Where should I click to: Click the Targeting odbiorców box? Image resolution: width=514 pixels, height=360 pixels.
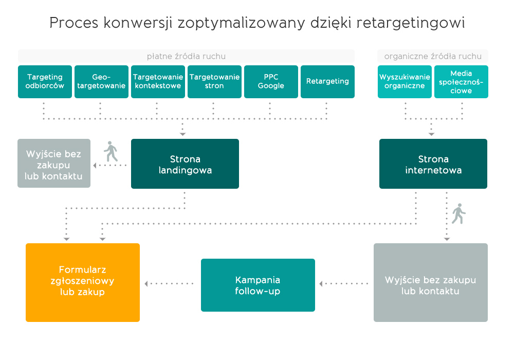pos(45,82)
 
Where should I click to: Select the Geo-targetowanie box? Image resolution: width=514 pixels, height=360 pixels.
pos(101,82)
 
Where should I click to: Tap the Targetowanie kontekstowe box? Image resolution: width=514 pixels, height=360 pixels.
pos(158,82)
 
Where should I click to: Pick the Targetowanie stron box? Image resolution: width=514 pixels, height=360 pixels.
pos(214,82)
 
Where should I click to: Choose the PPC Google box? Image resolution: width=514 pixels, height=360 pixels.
pos(271,82)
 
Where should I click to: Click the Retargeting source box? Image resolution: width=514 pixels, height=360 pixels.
pos(327,82)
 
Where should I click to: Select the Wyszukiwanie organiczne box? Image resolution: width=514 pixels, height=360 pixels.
pos(405,82)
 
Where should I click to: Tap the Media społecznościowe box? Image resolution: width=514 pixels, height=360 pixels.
pos(461,82)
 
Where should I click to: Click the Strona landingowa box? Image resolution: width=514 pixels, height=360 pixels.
pos(185,164)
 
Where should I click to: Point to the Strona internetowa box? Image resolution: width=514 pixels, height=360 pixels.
pos(433,164)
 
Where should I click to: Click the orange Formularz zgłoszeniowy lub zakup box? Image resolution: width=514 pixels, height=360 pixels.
pos(83,282)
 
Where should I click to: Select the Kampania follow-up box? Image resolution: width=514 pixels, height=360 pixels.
pos(258,285)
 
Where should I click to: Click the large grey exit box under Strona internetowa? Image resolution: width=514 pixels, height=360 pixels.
pos(431,282)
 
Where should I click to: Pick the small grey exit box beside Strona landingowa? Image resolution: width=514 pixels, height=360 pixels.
pos(54,163)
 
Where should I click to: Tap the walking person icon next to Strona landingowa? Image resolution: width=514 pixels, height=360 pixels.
pos(111,151)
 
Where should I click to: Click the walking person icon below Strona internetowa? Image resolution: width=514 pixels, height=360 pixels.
pos(458,213)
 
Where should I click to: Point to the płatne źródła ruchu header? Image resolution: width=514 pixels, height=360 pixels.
pos(186,56)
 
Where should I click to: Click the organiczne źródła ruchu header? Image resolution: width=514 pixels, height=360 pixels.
pos(433,56)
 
